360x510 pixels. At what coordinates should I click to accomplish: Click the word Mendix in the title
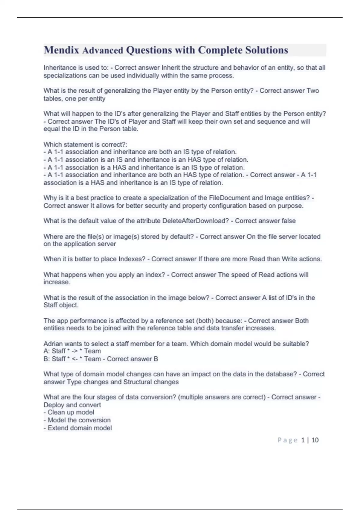point(61,50)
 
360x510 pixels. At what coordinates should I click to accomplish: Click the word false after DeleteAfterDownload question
point(288,221)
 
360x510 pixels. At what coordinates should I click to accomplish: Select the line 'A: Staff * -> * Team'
point(72,351)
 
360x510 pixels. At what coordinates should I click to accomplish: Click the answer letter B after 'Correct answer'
point(156,359)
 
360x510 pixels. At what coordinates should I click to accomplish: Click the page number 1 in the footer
point(303,440)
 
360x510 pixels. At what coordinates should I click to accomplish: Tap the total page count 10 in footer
point(315,440)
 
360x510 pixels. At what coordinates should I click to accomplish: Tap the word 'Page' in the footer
point(287,440)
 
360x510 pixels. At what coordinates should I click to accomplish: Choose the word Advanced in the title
point(103,50)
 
